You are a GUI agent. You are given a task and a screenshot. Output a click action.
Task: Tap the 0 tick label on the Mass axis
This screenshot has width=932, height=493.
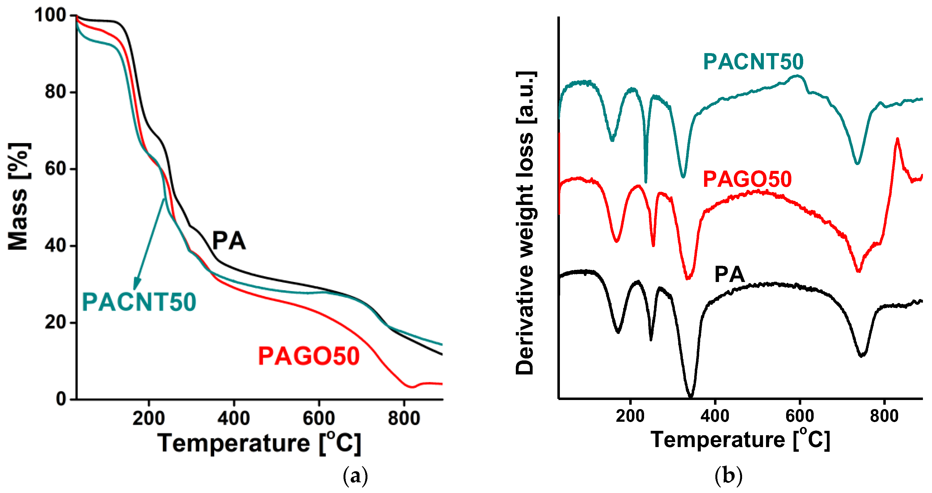pos(61,399)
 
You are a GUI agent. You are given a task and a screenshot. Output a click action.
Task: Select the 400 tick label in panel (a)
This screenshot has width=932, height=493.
pos(234,418)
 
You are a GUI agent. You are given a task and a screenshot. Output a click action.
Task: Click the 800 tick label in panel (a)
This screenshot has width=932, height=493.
pos(404,418)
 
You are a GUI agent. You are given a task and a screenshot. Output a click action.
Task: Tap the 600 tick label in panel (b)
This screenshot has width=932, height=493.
pos(800,416)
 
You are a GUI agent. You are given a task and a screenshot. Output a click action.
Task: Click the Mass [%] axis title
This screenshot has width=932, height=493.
pos(18,196)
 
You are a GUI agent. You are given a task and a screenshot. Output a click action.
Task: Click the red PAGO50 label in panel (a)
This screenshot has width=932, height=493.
pos(309,356)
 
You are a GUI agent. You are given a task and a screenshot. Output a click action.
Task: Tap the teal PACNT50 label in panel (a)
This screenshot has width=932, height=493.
pos(139,302)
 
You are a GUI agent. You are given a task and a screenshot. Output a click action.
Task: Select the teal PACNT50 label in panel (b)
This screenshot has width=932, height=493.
pos(753,62)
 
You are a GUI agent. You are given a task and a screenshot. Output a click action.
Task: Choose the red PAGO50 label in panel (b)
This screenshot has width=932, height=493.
pos(747,179)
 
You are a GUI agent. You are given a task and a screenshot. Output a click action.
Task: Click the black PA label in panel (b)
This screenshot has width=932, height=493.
pos(729,275)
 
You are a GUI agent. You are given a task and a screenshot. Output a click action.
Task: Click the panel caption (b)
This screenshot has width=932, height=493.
pos(728,476)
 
